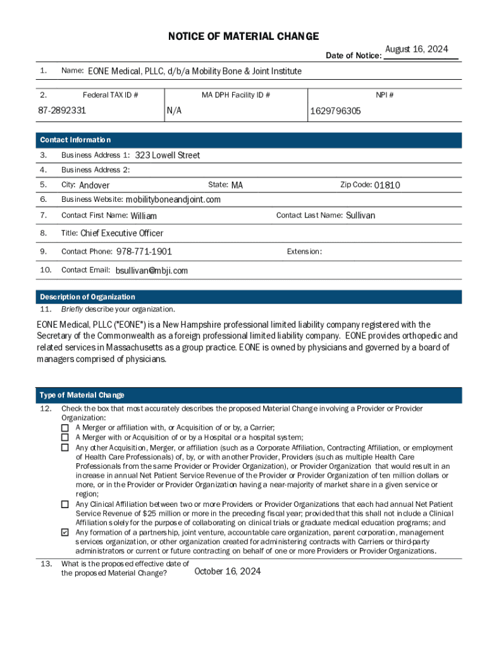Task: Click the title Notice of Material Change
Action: pos(244,37)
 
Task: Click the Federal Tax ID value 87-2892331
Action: pos(61,111)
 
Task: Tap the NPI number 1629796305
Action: pos(335,111)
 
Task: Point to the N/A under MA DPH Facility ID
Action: pos(175,111)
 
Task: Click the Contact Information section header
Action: pos(75,140)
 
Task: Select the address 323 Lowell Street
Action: pos(168,156)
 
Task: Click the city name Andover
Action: pos(94,185)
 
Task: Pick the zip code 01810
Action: pos(387,185)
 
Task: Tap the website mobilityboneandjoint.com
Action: pos(173,200)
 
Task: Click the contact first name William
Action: pos(144,216)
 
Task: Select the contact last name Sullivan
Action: pos(361,216)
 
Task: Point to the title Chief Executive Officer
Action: pos(121,234)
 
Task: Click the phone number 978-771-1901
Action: pos(144,252)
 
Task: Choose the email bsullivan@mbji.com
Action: pos(152,271)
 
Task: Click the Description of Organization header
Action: pos(87,297)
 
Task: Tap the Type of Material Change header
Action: pos(82,396)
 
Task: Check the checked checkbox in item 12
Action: pos(65,533)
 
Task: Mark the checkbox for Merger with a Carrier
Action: pos(65,428)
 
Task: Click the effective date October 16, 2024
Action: pos(228,571)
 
